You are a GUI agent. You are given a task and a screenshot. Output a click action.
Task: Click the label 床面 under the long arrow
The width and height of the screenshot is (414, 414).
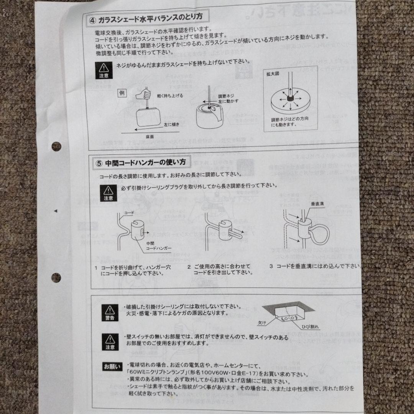(x=150, y=136)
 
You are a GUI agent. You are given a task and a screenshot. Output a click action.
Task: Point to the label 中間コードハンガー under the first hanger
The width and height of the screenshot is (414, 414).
(x=156, y=246)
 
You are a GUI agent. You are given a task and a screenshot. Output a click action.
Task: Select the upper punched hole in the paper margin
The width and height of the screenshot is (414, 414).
(x=56, y=146)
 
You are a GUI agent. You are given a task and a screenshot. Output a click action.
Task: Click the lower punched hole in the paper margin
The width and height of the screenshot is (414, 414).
(x=56, y=277)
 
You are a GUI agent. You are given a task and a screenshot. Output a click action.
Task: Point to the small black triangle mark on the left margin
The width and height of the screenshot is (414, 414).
(x=56, y=211)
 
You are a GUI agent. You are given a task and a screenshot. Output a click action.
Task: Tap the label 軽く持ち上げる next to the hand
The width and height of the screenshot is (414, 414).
(x=170, y=95)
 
